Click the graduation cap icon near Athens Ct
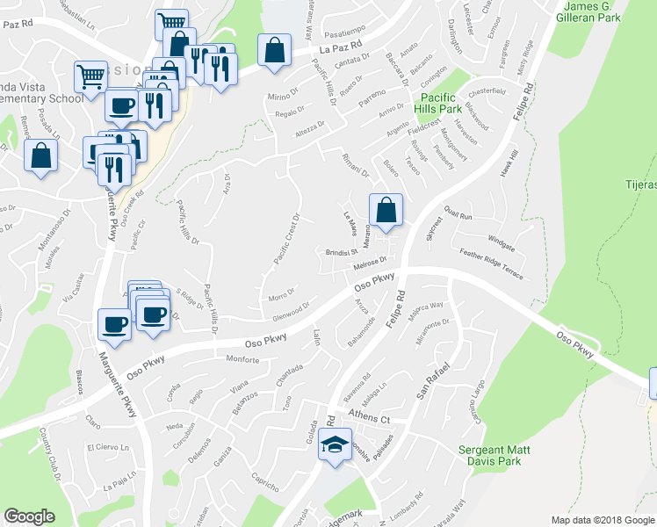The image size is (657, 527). coord(335,444)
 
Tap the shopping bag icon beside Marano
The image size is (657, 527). coord(386,209)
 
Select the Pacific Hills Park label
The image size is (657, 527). coord(440,103)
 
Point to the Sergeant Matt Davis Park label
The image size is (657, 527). coord(495,454)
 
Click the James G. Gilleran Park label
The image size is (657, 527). coord(589,11)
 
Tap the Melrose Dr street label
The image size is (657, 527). coord(370,263)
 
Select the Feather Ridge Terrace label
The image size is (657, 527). coord(492,264)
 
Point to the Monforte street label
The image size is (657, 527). coord(242,360)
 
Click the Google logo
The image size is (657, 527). coord(29,516)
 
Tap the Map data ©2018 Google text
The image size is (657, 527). coord(602,520)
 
